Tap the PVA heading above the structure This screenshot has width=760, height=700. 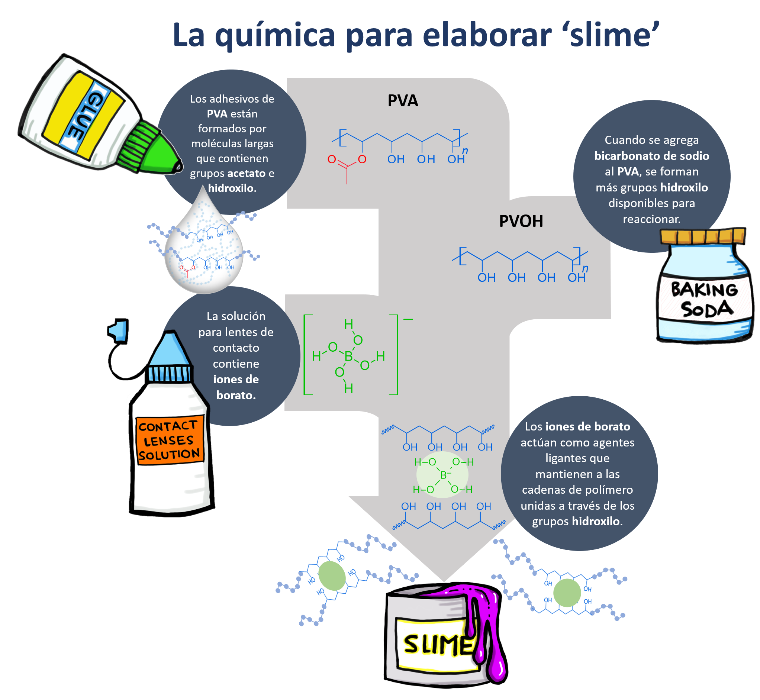(403, 101)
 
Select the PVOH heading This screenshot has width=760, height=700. (521, 221)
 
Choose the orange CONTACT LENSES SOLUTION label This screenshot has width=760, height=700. (169, 440)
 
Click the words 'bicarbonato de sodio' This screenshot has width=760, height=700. (652, 156)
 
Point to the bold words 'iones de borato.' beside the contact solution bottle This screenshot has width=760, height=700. (236, 387)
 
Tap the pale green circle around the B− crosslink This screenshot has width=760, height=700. (442, 475)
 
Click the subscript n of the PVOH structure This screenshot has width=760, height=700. (585, 268)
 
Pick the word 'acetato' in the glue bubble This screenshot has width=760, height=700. (246, 174)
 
